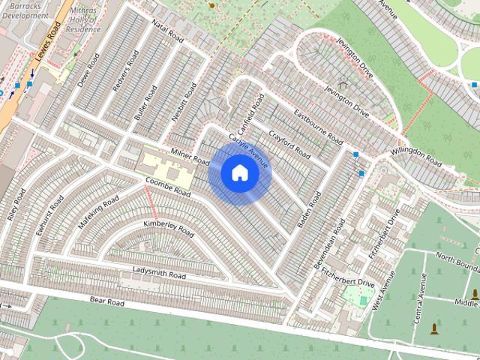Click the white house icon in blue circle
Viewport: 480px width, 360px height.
[239, 172]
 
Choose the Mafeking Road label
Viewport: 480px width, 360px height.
[98, 212]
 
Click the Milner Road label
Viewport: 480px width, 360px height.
[190, 156]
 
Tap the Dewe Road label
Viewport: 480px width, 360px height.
[88, 70]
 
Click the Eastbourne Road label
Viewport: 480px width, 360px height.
[318, 127]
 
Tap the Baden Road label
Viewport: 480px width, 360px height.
[308, 211]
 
